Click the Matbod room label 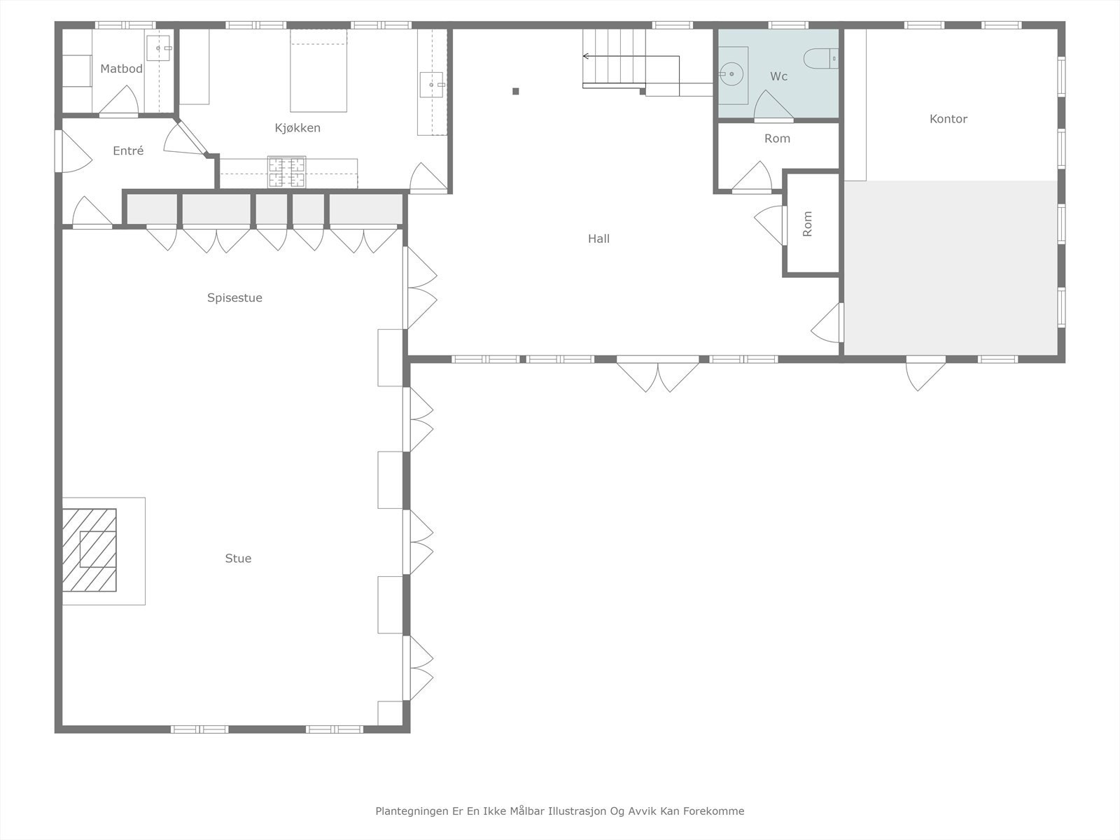[x=121, y=69]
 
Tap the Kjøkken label [x=297, y=128]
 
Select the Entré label [x=128, y=150]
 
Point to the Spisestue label [x=234, y=297]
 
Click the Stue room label [x=238, y=559]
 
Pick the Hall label [x=598, y=239]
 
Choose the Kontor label [x=948, y=119]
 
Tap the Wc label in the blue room [x=778, y=76]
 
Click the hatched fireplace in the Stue [x=89, y=549]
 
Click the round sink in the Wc [x=731, y=73]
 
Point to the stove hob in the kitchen [x=287, y=173]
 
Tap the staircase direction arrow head [x=586, y=56]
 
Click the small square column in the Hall [x=516, y=91]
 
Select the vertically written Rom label [x=807, y=224]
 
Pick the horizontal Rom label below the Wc [x=777, y=139]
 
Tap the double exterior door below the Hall [x=658, y=374]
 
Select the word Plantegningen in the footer [x=411, y=811]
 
